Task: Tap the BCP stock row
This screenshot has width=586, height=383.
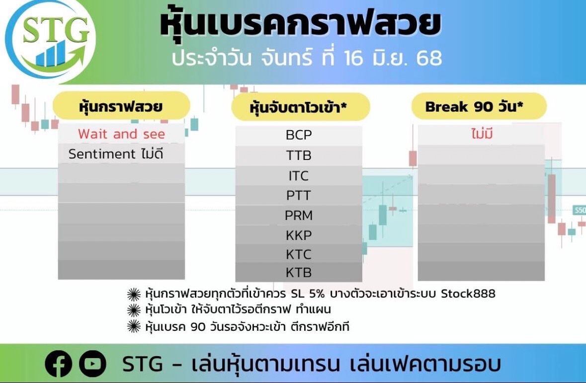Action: (x=299, y=135)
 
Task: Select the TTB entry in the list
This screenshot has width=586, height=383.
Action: (x=299, y=155)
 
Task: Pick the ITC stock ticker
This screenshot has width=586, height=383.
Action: (x=299, y=176)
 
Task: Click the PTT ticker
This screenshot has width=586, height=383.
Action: (x=299, y=195)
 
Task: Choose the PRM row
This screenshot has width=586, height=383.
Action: (x=299, y=216)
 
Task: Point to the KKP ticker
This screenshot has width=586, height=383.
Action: (x=299, y=235)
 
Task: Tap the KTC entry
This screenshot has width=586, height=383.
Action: (x=299, y=254)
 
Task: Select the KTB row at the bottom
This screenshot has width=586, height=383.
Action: (x=299, y=272)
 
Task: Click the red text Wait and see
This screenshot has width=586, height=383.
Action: (x=121, y=134)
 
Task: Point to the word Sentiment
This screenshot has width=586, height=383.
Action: (x=102, y=154)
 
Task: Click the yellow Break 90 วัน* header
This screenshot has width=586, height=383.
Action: (x=479, y=106)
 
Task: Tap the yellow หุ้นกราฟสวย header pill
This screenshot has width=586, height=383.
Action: (x=121, y=106)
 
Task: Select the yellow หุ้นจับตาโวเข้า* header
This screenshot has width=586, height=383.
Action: (x=301, y=107)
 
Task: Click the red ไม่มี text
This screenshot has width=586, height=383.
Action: (x=482, y=134)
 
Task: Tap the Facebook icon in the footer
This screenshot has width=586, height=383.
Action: (x=58, y=364)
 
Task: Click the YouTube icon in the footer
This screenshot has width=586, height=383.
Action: (x=92, y=364)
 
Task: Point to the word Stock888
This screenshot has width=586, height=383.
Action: (x=468, y=294)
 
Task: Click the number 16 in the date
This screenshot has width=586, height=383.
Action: (x=353, y=58)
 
